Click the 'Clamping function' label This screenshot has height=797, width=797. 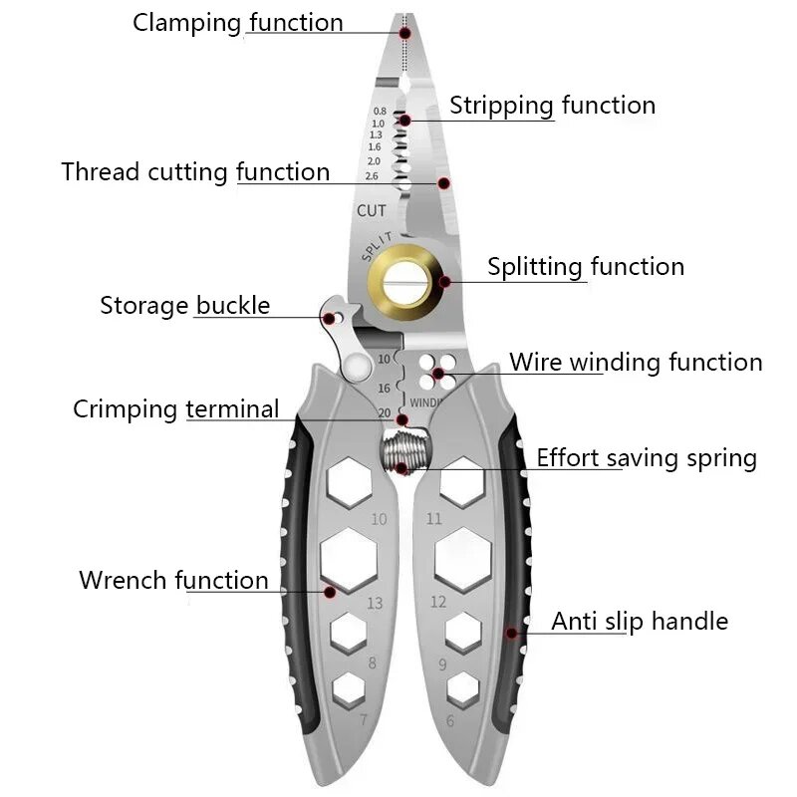tap(237, 23)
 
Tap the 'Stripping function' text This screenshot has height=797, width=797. tap(552, 106)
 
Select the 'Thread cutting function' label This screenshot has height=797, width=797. tap(195, 171)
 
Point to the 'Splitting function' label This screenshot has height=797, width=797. tap(586, 267)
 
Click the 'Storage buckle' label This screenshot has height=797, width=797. tap(184, 305)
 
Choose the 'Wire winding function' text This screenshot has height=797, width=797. tap(636, 362)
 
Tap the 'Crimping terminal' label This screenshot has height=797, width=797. tap(175, 409)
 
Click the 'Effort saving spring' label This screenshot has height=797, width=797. tap(647, 458)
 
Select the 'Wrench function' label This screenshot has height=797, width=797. tap(173, 580)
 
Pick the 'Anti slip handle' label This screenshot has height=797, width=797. tap(640, 622)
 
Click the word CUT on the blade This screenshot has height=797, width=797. tap(372, 211)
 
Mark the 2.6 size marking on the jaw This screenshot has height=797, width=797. tap(374, 175)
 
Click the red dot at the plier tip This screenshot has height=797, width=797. tap(405, 33)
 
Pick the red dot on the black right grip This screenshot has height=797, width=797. tap(512, 632)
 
